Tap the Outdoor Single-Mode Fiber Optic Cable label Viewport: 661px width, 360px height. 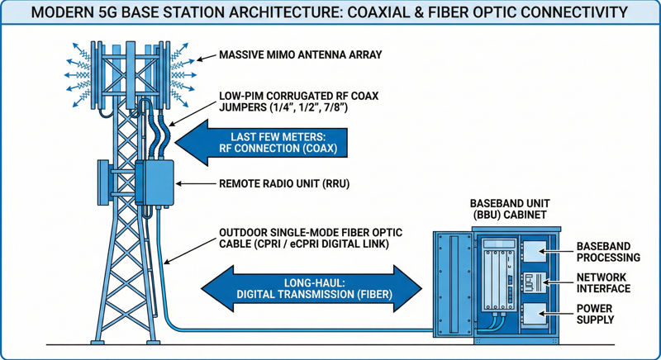click(x=302, y=237)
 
